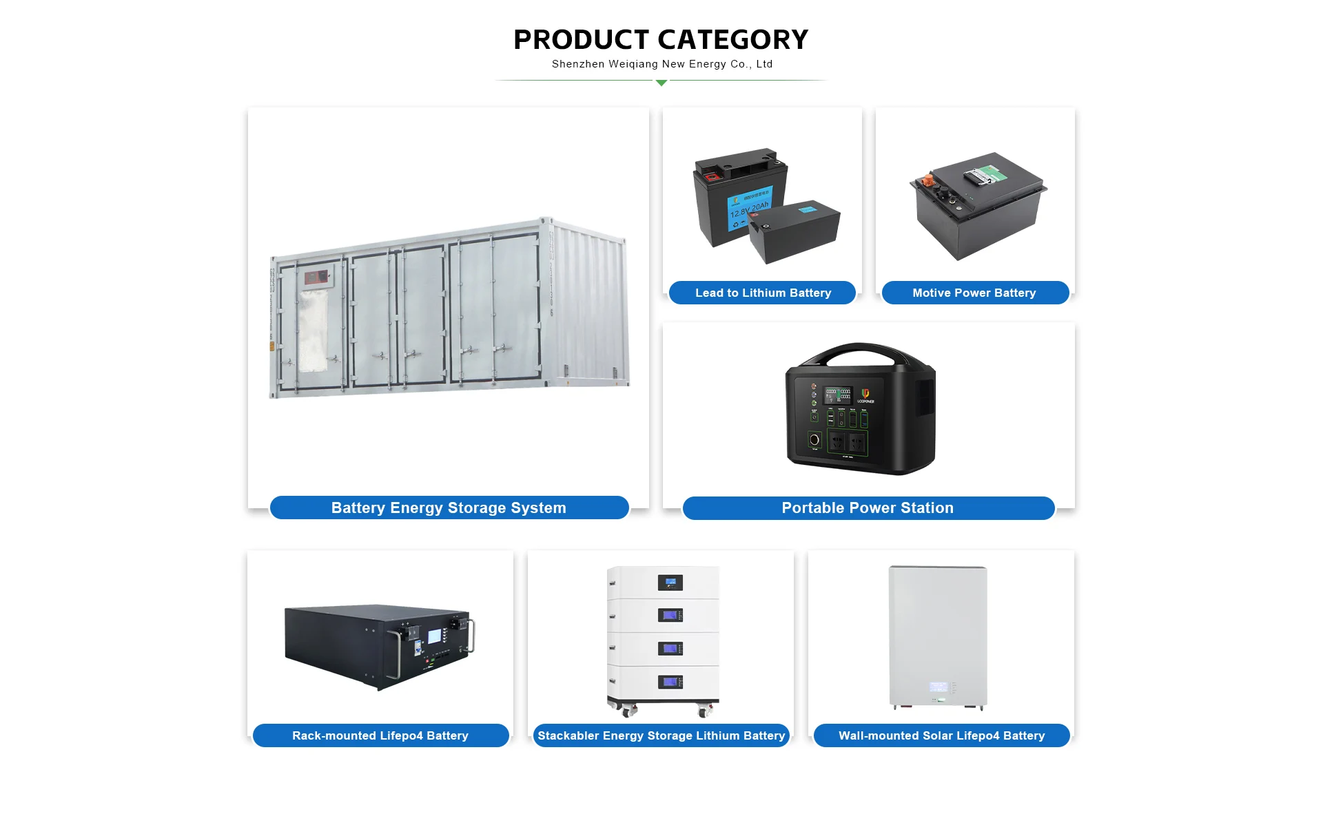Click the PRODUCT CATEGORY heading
(661, 40)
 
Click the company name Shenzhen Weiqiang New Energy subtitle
(661, 64)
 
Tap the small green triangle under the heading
(661, 83)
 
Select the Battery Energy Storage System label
(449, 508)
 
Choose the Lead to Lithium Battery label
(763, 293)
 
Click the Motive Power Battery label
(974, 293)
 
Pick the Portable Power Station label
(868, 508)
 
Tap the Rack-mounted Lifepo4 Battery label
(380, 735)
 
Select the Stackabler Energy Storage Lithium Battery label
(661, 735)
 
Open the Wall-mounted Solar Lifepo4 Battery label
(941, 735)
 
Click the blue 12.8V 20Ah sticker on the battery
(749, 207)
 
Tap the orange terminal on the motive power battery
(928, 180)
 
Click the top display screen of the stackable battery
(670, 583)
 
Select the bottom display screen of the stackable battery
(670, 682)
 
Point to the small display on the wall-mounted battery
(938, 687)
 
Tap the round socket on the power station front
(814, 439)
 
